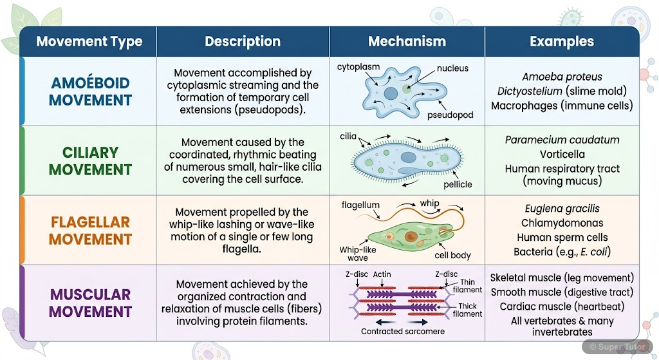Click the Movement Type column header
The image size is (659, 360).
point(89,42)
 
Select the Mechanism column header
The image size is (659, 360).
point(407,42)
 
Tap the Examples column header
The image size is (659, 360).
point(561,42)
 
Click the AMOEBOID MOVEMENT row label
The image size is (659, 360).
point(90,91)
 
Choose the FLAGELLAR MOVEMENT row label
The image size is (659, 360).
point(90,231)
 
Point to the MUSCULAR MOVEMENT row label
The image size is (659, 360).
point(90,303)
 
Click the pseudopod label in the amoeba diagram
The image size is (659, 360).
point(450,115)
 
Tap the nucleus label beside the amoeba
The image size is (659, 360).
point(452,68)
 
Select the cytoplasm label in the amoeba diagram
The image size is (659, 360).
point(358,66)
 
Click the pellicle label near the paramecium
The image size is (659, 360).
point(458,184)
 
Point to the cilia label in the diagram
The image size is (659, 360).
point(348,137)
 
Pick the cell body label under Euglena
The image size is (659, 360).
point(453,256)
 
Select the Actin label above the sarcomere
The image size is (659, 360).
point(382,274)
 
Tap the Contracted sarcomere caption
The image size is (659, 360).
point(402,332)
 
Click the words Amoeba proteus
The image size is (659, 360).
point(562,77)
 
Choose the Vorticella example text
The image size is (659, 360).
point(562,154)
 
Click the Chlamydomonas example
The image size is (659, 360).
point(562,223)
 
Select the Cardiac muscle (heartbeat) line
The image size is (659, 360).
point(562,306)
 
